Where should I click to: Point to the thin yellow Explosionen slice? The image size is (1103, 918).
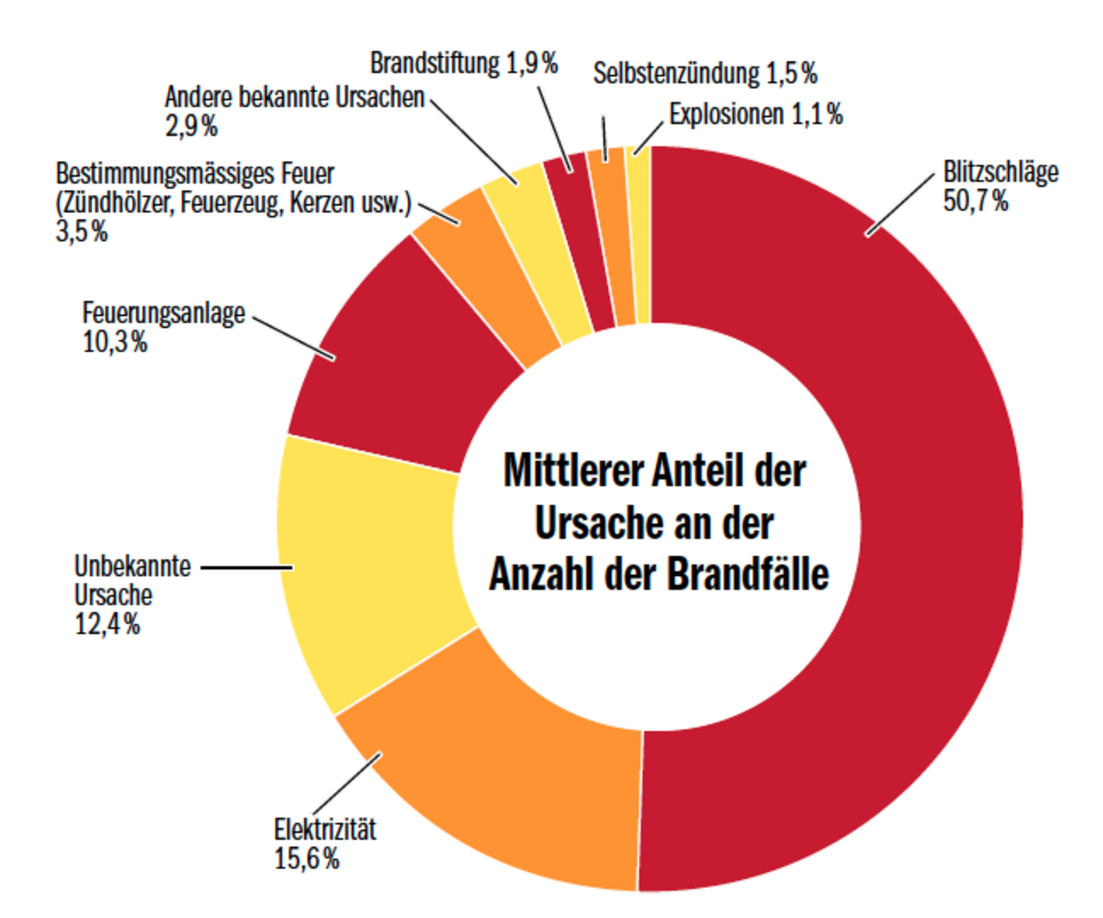(x=641, y=236)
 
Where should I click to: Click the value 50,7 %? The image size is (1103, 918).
(x=975, y=201)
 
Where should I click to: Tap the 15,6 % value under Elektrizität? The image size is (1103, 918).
(x=306, y=859)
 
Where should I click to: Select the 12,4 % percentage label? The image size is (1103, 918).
(x=107, y=625)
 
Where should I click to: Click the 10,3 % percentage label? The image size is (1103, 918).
(x=115, y=343)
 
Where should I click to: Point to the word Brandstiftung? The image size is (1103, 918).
(x=435, y=63)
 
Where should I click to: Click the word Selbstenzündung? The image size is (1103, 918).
(x=676, y=73)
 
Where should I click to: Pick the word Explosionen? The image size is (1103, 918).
(x=726, y=114)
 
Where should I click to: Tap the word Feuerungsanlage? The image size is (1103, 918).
(x=164, y=313)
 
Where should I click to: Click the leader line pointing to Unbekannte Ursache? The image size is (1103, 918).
(x=247, y=567)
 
